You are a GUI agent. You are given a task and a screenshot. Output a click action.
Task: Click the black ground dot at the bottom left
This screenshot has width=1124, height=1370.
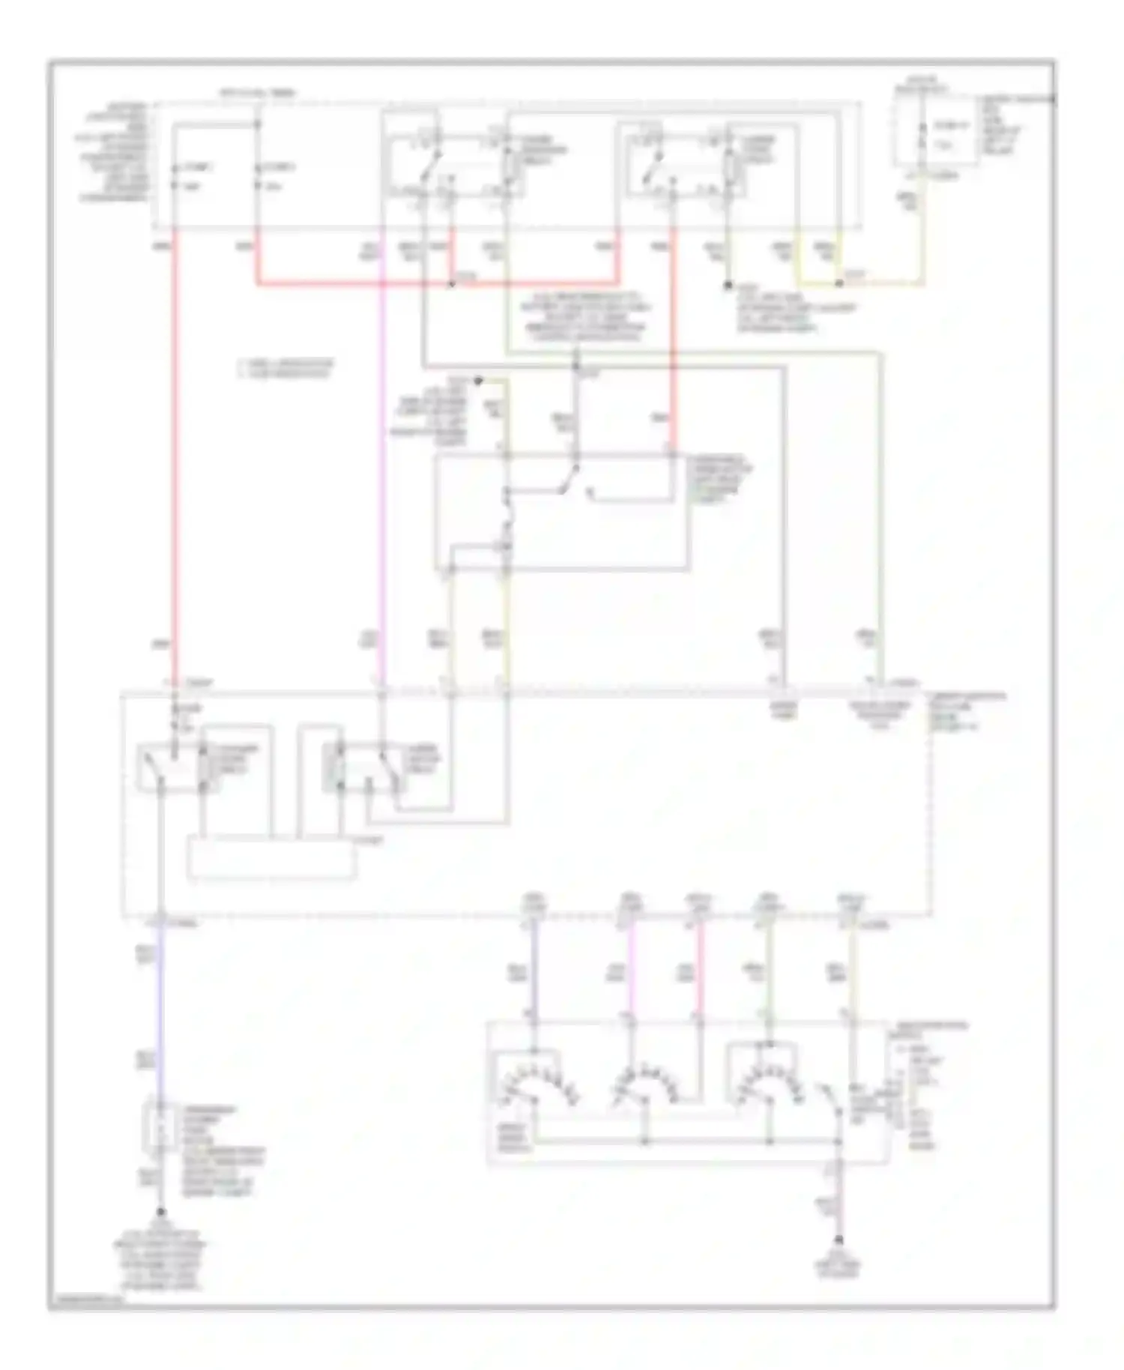pyautogui.click(x=160, y=1213)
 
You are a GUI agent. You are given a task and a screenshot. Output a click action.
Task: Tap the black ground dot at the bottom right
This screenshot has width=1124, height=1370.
pyautogui.click(x=839, y=1240)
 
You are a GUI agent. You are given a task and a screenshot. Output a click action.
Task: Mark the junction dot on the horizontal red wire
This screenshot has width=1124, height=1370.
pyautogui.click(x=452, y=284)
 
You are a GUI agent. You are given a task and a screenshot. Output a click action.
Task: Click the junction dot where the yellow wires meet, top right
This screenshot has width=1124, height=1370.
pyautogui.click(x=840, y=284)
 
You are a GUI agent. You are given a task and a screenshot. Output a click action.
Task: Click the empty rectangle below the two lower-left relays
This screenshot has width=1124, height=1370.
pyautogui.click(x=271, y=860)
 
